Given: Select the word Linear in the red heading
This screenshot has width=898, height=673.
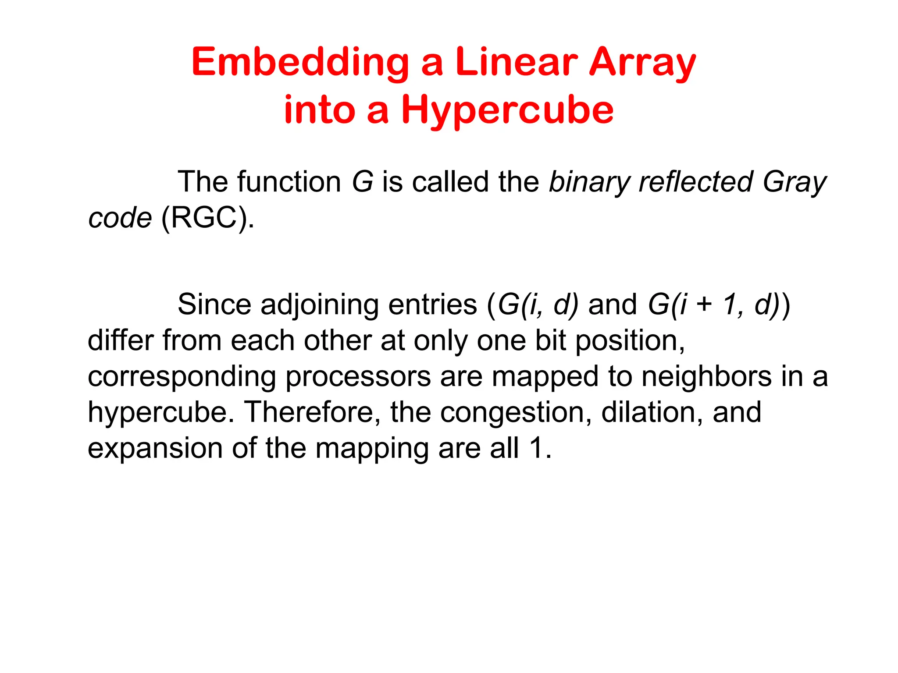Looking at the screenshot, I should [516, 62].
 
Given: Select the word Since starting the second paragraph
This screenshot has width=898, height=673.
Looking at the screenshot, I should [214, 304].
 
